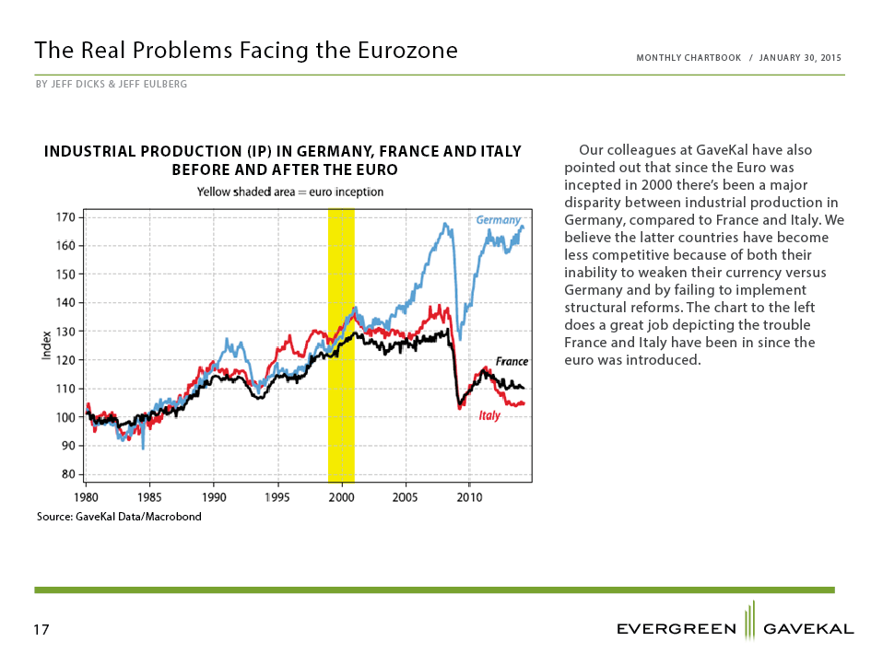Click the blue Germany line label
click(x=499, y=220)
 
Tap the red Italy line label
click(x=489, y=415)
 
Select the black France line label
click(x=512, y=361)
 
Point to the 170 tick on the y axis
click(x=65, y=217)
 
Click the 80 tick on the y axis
click(x=68, y=474)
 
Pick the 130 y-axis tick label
click(x=65, y=332)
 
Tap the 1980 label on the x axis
click(x=86, y=497)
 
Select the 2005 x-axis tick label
click(x=405, y=497)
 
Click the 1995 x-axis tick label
click(x=277, y=497)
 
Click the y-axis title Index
click(x=47, y=345)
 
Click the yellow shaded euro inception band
click(x=341, y=345)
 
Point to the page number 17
click(x=41, y=629)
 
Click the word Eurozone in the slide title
click(x=407, y=50)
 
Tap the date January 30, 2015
click(x=800, y=58)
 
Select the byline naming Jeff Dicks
click(x=112, y=85)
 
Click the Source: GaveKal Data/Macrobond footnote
click(x=119, y=517)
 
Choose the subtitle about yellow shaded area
click(x=290, y=192)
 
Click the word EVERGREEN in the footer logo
click(x=677, y=629)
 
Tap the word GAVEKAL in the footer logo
click(x=809, y=629)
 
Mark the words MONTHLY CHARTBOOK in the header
click(x=689, y=58)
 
